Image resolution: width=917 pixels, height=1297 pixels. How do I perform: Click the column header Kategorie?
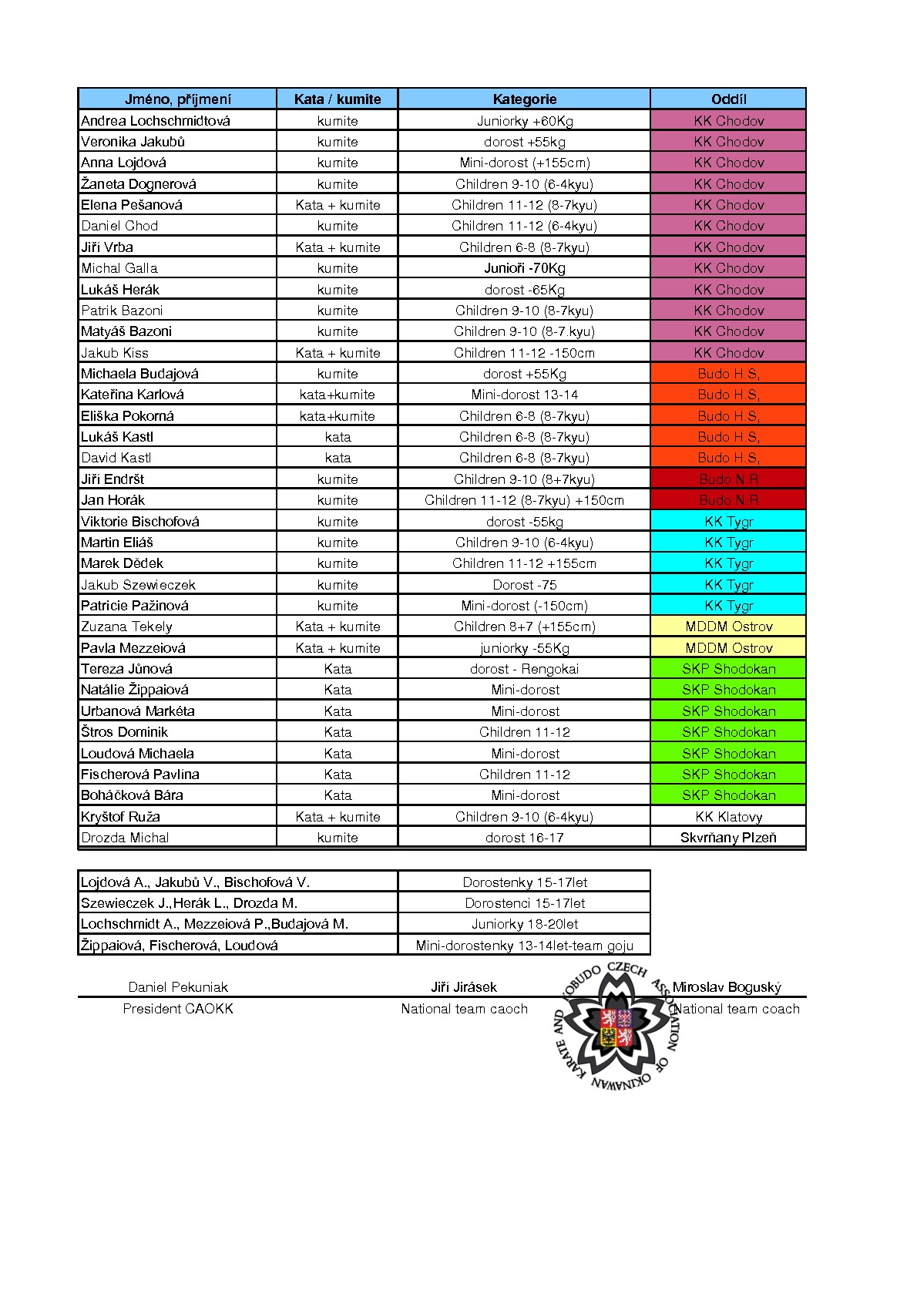[524, 99]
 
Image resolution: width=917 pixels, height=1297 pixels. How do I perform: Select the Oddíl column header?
[728, 99]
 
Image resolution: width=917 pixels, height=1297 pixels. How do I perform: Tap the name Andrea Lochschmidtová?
[156, 120]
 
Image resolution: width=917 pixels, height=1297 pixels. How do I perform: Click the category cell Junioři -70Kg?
[524, 268]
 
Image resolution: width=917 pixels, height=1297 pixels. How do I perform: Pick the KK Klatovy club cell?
[728, 817]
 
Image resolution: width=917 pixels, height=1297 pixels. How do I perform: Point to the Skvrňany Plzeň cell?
[728, 838]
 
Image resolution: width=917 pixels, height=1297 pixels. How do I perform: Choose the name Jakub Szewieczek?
[139, 585]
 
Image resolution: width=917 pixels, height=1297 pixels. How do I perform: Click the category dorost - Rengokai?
[524, 669]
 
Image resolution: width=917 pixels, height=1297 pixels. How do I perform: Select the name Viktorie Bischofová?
[140, 522]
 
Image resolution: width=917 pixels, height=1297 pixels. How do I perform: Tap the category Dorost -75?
[524, 585]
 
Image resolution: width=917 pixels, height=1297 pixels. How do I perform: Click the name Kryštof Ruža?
[120, 817]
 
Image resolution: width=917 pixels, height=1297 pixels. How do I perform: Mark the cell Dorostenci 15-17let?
[524, 903]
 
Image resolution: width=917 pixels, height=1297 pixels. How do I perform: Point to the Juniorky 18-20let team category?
[524, 924]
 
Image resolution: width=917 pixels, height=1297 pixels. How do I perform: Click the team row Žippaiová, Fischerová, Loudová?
[180, 946]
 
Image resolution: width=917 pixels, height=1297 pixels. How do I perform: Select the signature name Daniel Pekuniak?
[178, 987]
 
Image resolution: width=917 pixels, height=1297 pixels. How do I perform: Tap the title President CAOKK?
[178, 1009]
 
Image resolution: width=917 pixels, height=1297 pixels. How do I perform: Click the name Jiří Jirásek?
[464, 987]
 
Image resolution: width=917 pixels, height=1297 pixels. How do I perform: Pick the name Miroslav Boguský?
[727, 987]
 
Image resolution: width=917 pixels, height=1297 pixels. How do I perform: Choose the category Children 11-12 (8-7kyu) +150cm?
[524, 500]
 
